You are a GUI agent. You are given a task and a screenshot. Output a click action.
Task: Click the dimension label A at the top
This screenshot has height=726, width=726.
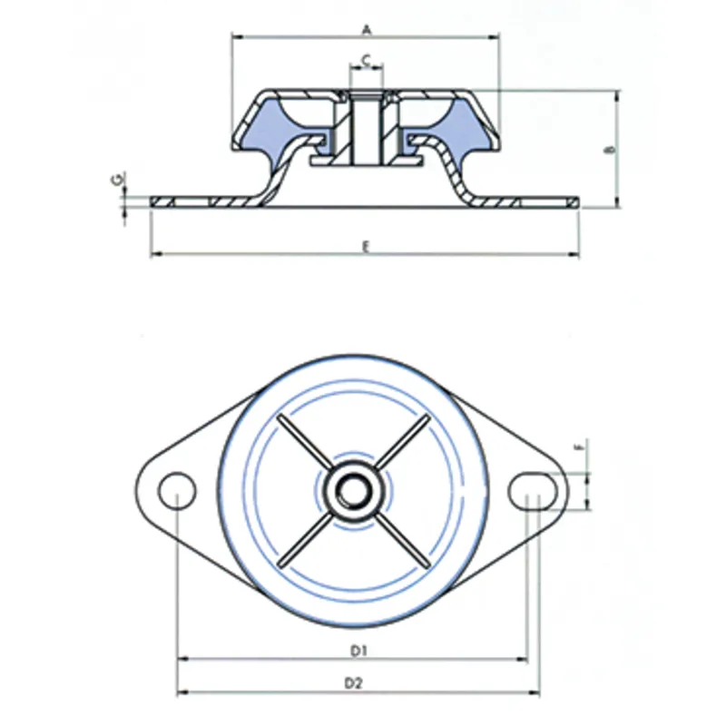point(366,29)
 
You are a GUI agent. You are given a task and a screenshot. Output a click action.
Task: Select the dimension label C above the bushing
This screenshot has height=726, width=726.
point(365,59)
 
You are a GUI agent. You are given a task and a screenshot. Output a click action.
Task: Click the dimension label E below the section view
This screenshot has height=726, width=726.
point(365,246)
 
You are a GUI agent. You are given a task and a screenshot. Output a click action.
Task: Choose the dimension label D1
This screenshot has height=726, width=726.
point(357,650)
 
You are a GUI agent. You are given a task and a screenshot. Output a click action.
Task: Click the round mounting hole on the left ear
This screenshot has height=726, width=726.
point(177,490)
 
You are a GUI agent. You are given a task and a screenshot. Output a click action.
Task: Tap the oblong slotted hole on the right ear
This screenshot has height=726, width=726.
point(534,490)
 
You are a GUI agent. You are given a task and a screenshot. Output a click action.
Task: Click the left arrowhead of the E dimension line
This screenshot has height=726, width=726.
point(155,255)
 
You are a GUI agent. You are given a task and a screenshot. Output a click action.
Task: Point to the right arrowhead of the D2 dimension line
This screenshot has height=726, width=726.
point(536,692)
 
